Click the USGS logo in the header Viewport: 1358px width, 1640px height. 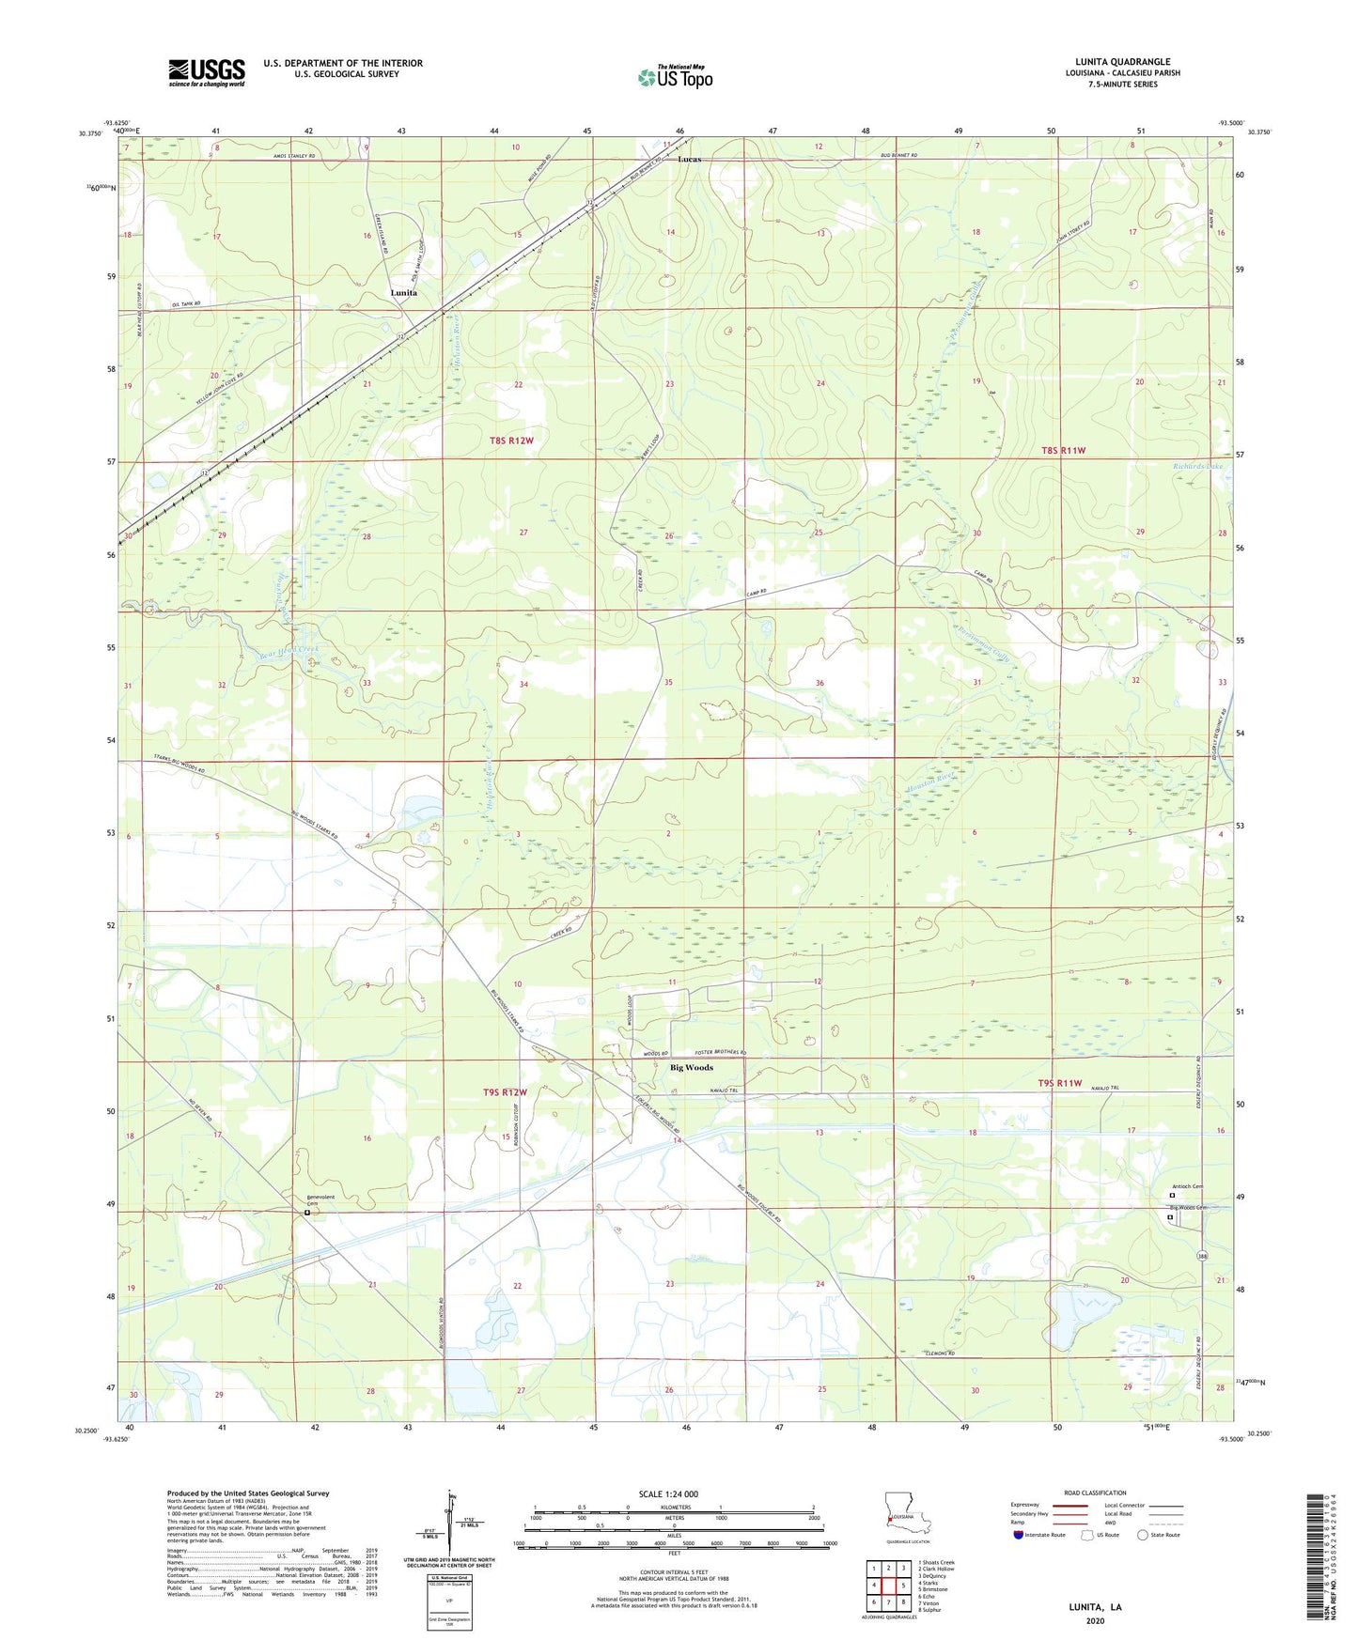pos(206,72)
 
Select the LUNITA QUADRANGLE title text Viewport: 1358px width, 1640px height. pos(1122,62)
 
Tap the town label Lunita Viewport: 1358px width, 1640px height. pos(403,293)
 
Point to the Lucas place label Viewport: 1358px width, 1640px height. pos(689,160)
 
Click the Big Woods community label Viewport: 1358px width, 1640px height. pos(691,1068)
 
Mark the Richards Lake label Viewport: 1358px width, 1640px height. pos(1197,466)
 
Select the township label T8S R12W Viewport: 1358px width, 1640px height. pos(510,440)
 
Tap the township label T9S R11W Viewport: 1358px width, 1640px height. pos(1061,1084)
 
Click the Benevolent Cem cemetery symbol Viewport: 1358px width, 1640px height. pos(306,1213)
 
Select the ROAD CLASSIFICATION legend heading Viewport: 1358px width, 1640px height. pos(1095,1493)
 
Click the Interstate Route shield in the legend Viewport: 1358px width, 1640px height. pos(1020,1535)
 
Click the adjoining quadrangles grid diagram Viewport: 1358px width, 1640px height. pos(888,1586)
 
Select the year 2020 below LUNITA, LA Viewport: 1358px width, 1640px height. pos(1095,1620)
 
